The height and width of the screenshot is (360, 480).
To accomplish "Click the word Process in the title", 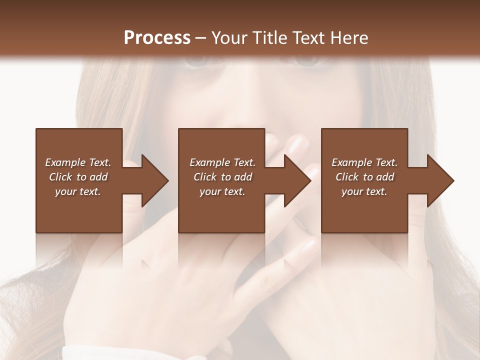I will point(157,37).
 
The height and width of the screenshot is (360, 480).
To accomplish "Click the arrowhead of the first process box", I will point(154,180).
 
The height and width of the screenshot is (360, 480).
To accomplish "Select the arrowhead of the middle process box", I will point(297,180).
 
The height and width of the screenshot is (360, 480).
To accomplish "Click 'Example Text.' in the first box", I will point(78,162).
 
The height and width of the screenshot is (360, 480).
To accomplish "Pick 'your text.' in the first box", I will point(78,191).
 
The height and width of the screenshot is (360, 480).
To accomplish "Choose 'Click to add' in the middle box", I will point(222,177).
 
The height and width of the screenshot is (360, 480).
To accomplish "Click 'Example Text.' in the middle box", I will point(222,162).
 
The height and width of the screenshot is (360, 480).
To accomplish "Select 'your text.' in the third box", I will point(364,191).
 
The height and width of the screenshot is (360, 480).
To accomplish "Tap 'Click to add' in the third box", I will point(364,177).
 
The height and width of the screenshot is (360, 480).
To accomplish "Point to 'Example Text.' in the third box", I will point(364,162).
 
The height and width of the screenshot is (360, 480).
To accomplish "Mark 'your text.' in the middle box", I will point(222,191).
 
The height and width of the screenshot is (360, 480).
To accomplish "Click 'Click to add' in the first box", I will point(78,177).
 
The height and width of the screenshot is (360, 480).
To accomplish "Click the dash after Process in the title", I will point(201,38).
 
